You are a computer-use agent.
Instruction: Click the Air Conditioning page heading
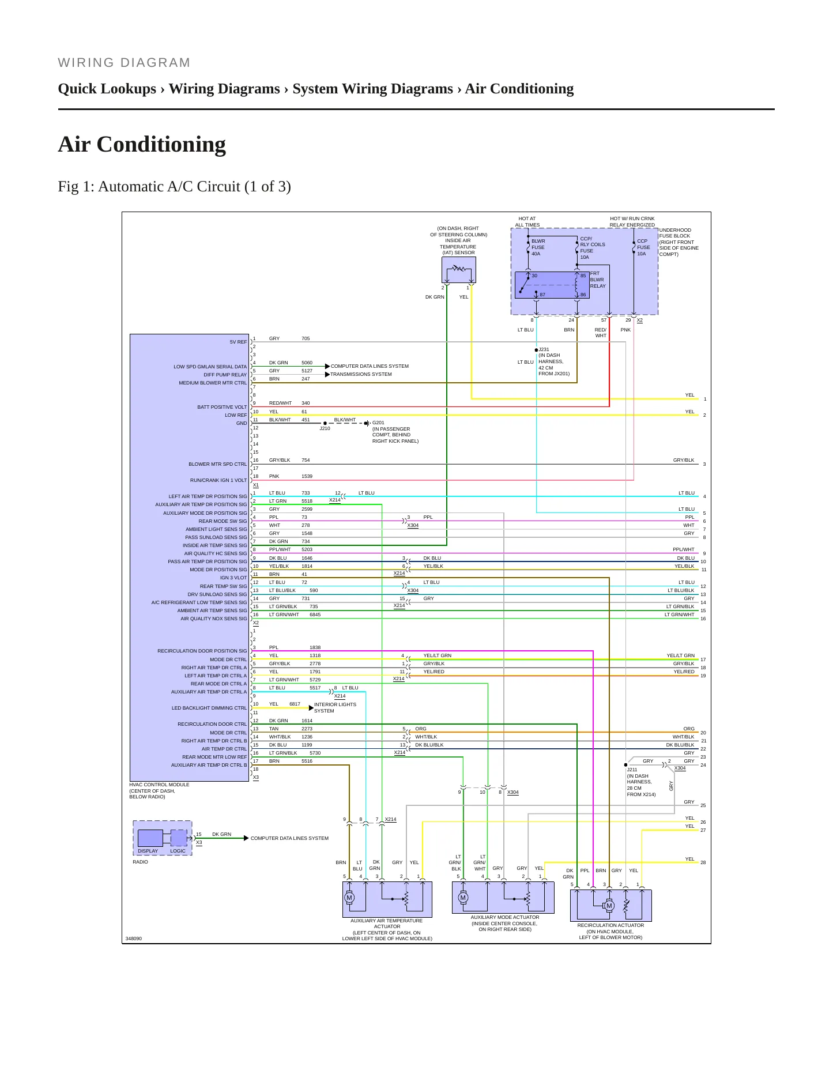(x=142, y=144)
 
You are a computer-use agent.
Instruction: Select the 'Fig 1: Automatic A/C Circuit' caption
(x=174, y=187)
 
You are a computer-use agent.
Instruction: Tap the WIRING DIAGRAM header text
(x=124, y=63)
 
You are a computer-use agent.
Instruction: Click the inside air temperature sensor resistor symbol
(x=459, y=268)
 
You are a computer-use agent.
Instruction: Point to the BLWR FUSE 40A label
(x=538, y=247)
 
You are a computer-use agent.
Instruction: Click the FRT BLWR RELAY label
(x=598, y=280)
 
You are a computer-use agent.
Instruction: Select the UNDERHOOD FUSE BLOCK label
(x=679, y=242)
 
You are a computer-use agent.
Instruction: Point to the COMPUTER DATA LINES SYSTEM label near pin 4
(x=370, y=366)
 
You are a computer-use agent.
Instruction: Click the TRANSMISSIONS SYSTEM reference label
(x=361, y=374)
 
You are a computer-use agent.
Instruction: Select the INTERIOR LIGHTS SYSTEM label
(x=335, y=708)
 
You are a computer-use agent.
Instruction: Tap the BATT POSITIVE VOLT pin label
(x=222, y=407)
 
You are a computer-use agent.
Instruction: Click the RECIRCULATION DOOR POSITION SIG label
(x=202, y=651)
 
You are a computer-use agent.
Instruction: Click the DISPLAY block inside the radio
(x=150, y=838)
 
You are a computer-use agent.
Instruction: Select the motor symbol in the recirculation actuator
(x=609, y=906)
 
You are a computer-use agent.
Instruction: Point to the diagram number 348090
(x=134, y=938)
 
